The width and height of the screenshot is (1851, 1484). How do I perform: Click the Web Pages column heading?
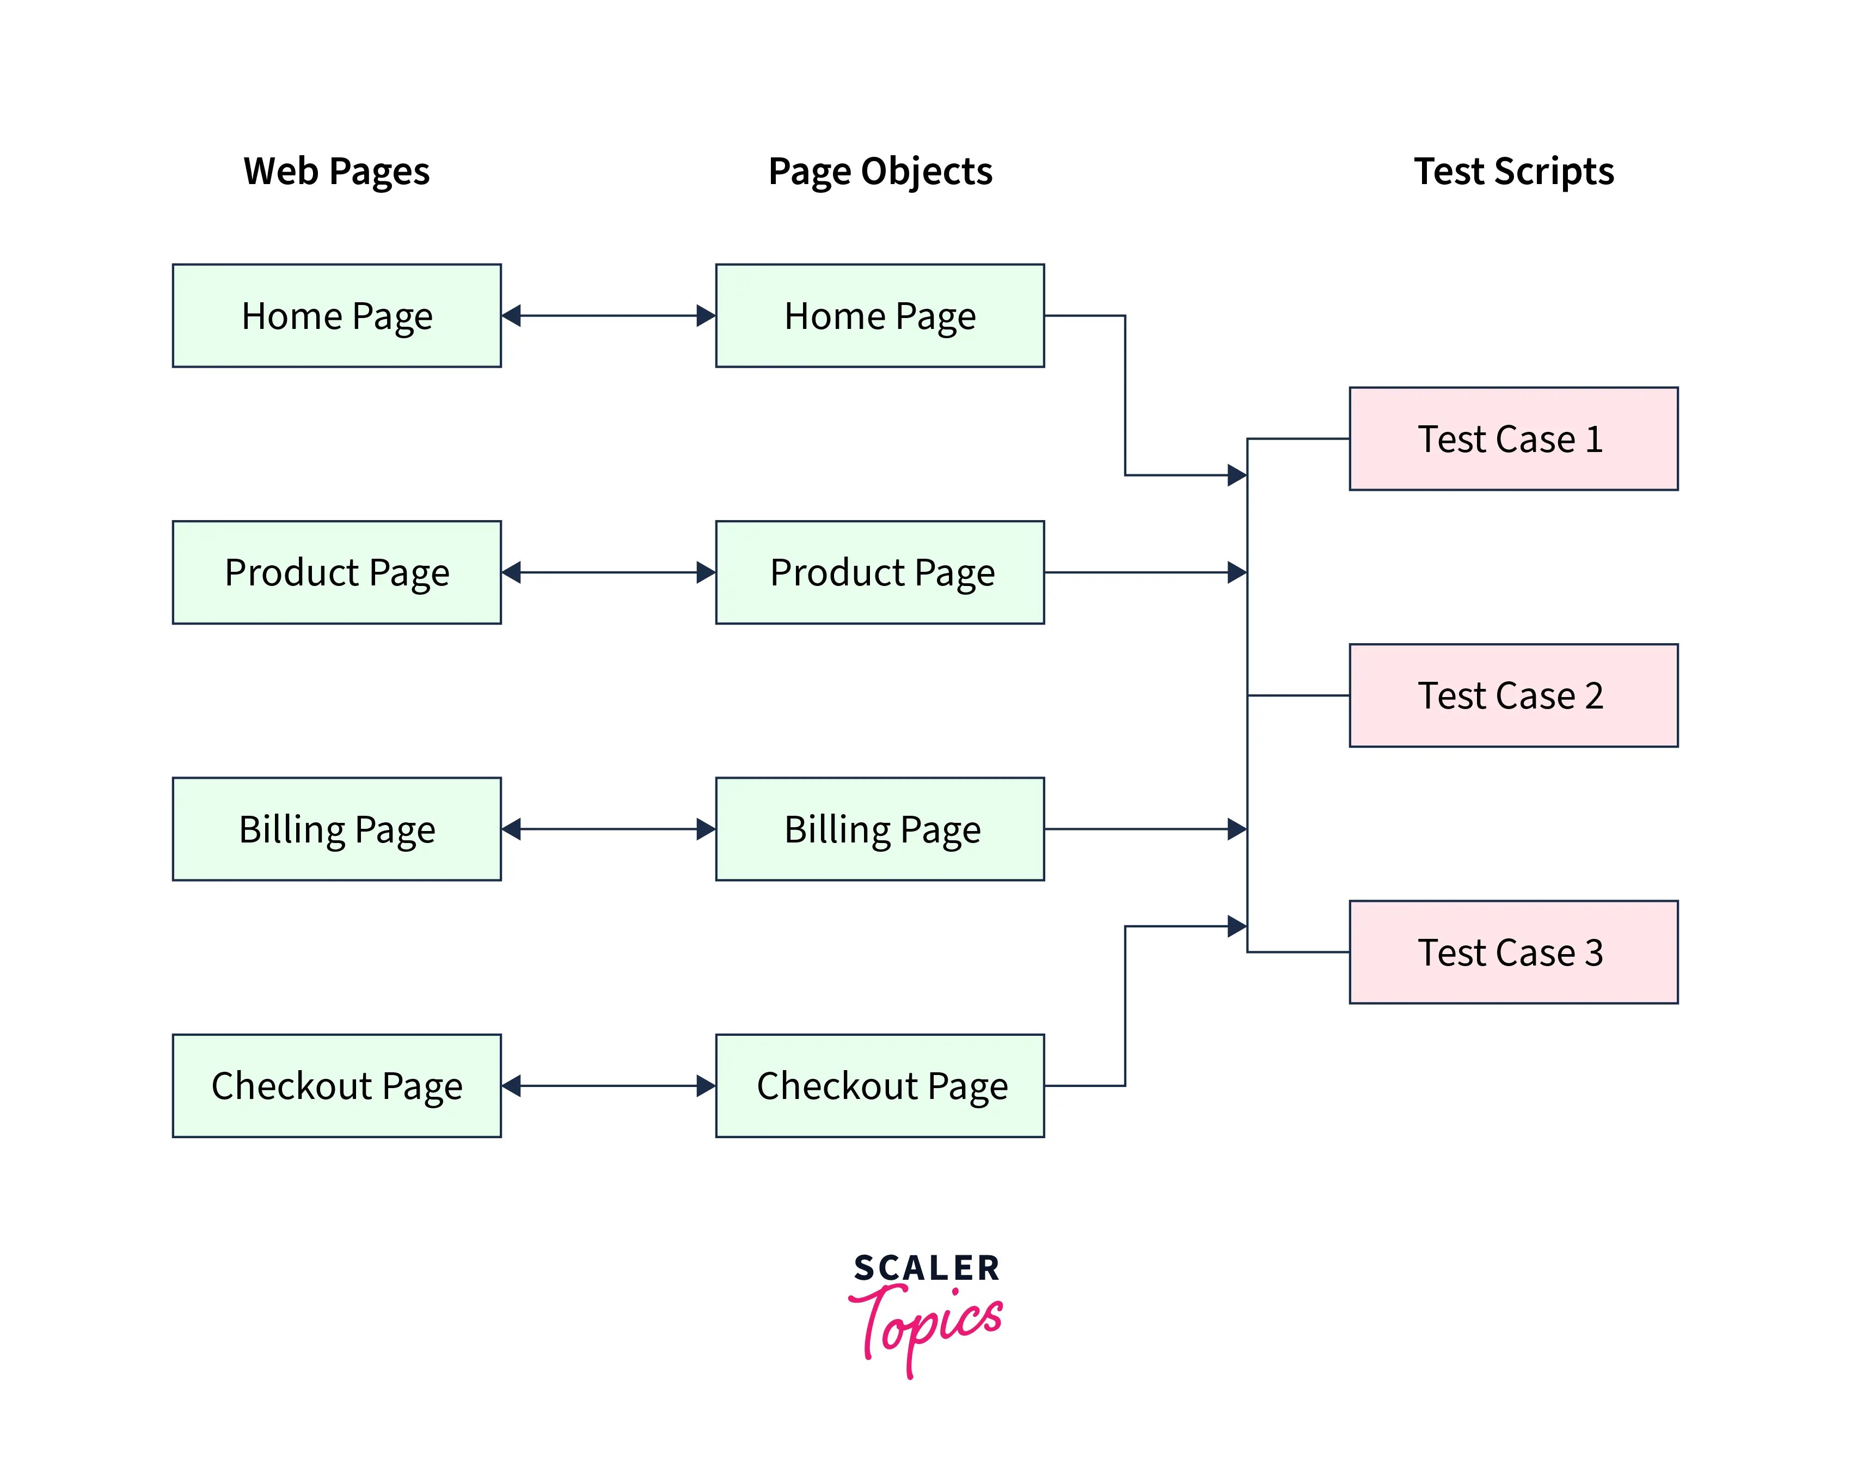pos(336,171)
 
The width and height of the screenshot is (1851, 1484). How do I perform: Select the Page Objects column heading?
pos(880,171)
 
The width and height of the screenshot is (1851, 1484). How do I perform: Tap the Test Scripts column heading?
pos(1513,171)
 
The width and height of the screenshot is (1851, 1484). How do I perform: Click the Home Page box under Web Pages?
pos(336,316)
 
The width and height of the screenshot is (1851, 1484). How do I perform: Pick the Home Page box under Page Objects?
pos(880,316)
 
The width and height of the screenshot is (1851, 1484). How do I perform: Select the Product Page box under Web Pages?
pos(336,572)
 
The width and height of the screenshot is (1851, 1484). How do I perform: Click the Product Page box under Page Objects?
pos(880,572)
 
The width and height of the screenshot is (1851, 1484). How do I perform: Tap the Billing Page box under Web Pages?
pos(336,829)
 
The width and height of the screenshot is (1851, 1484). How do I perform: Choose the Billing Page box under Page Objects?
pos(880,829)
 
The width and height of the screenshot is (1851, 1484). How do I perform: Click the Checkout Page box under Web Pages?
pos(336,1085)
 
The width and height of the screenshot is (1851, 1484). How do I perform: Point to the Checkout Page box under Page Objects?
pos(880,1085)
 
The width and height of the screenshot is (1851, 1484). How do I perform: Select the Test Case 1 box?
pos(1513,439)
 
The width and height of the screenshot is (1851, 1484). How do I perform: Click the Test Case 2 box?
pos(1513,695)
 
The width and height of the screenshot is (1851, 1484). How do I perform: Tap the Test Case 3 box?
pos(1513,951)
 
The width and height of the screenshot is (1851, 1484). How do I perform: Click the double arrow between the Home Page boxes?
pos(609,316)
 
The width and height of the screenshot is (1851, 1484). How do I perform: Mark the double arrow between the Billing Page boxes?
pos(609,829)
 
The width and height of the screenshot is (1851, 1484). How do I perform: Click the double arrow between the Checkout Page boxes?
pos(609,1085)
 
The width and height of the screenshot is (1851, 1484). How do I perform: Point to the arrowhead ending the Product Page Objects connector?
pos(1237,572)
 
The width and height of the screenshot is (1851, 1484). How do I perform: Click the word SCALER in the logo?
pos(927,1268)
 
